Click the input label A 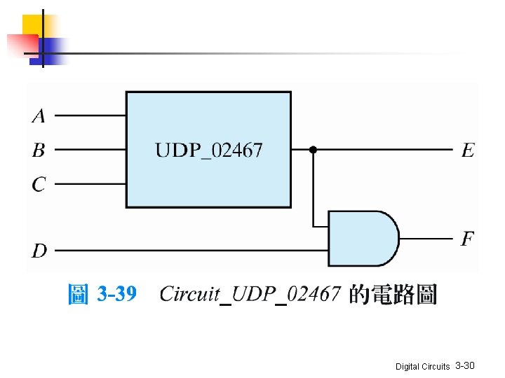coord(39,115)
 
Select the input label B coord(39,150)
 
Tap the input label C coord(39,184)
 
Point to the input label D coord(39,250)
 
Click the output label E coord(467,150)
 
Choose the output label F coord(467,239)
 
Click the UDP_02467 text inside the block coord(208,150)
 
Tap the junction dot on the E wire coord(314,150)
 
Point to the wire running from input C coord(90,184)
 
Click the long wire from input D coord(189,250)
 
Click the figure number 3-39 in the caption coord(116,294)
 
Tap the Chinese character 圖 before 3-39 coord(78,294)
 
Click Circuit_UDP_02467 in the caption coord(250,294)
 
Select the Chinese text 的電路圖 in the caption coord(393,294)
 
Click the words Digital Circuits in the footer coord(422,367)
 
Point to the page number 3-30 coord(465,366)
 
